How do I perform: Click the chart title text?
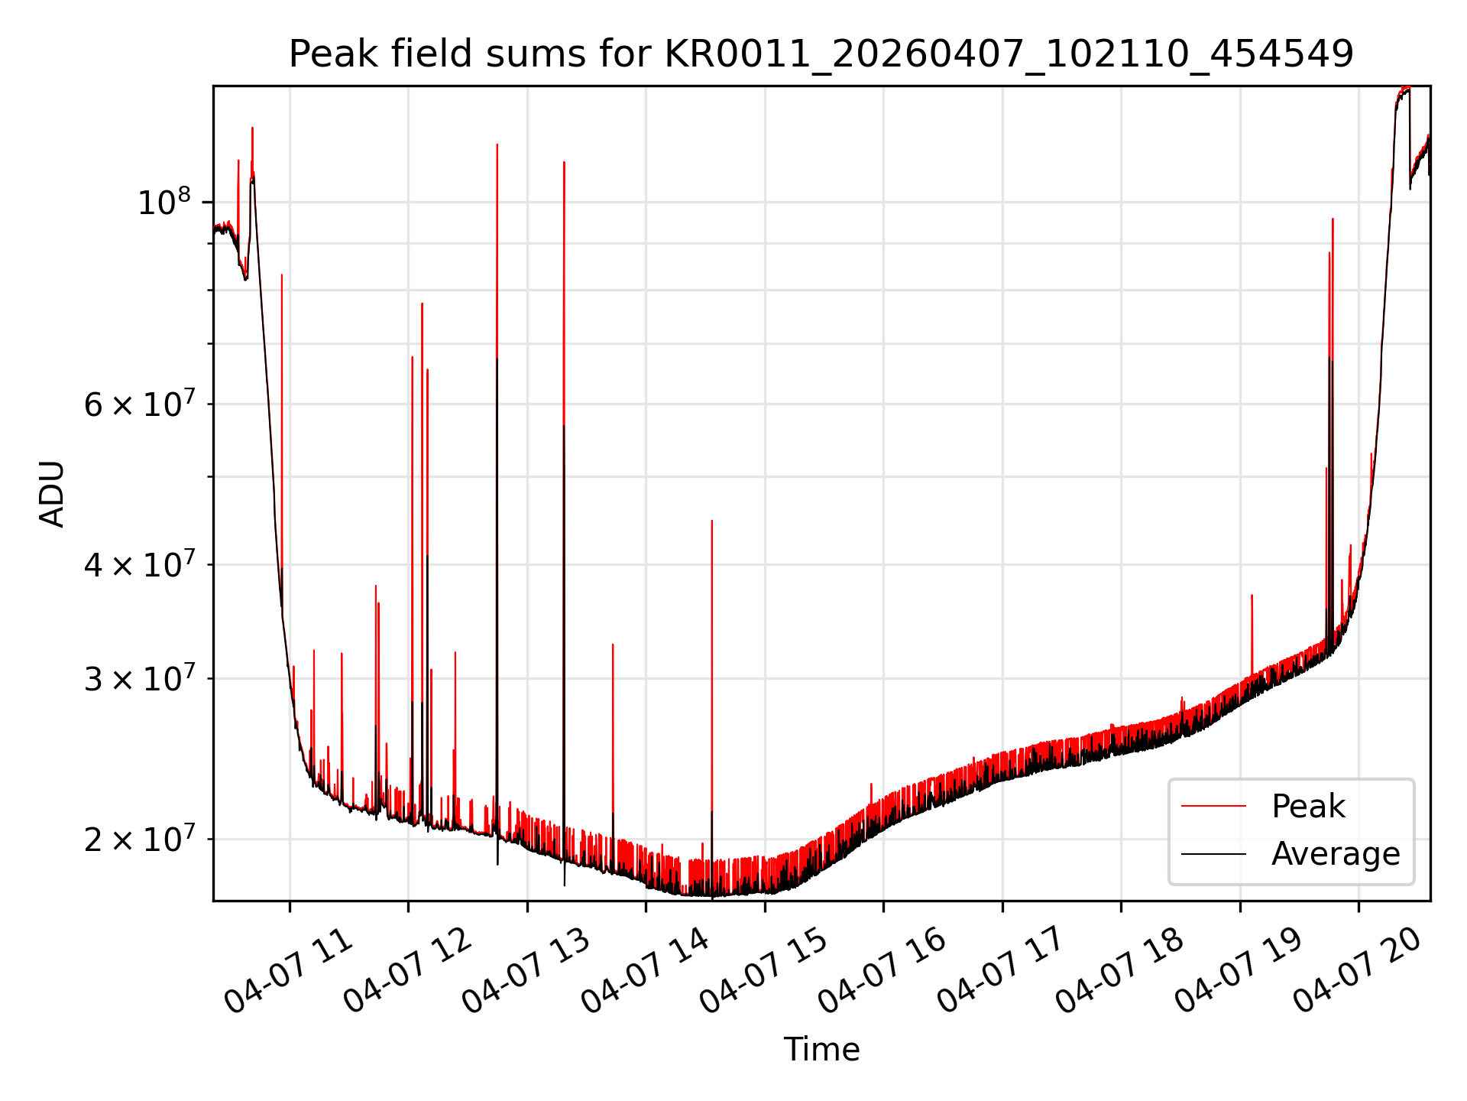click(821, 54)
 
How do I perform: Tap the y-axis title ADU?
click(52, 494)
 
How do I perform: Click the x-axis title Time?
click(821, 1050)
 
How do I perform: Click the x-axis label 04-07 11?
click(288, 970)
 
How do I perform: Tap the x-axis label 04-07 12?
click(407, 970)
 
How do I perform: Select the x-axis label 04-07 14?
click(645, 970)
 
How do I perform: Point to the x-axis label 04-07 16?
click(882, 970)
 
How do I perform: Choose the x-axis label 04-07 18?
click(1120, 970)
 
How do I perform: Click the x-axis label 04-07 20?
click(1358, 970)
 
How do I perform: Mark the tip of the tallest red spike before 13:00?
click(497, 145)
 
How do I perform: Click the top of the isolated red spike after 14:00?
click(712, 521)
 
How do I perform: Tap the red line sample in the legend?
click(1213, 807)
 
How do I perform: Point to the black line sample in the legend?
click(1213, 854)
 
